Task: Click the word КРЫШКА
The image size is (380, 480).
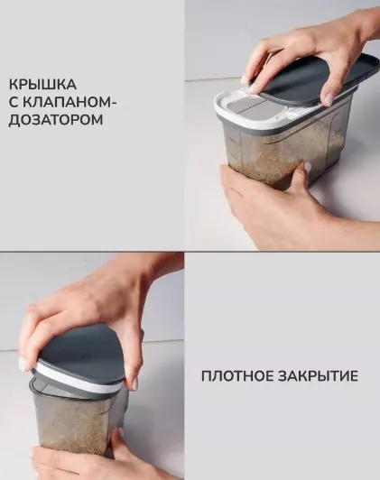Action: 42,84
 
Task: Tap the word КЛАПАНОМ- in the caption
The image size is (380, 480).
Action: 70,102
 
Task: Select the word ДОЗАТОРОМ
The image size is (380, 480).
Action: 56,120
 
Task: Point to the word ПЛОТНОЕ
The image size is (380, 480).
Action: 237,376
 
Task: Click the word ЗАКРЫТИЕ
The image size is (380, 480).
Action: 318,376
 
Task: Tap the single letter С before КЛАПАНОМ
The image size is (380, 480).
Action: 14,102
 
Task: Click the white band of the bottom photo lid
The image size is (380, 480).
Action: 77,379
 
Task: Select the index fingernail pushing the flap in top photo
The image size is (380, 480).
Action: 254,88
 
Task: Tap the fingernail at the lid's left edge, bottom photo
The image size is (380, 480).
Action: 23,364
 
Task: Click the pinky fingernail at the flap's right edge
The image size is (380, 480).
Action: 329,98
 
